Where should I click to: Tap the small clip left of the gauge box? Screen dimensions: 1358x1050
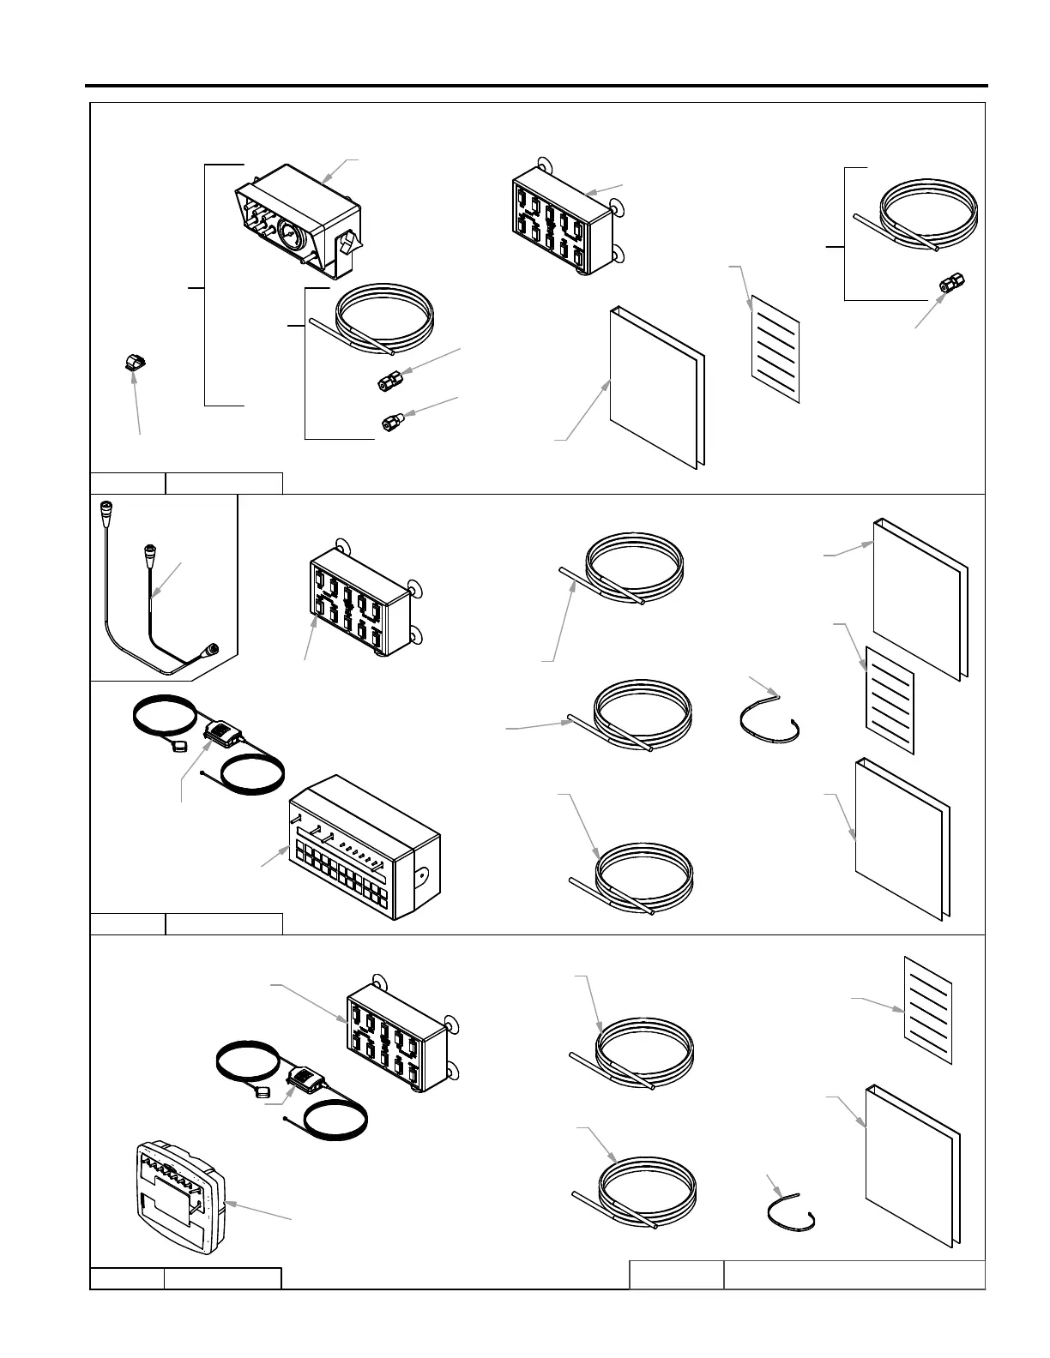pos(132,364)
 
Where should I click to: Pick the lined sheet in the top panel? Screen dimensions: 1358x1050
pos(775,348)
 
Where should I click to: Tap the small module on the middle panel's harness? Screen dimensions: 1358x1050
pos(225,732)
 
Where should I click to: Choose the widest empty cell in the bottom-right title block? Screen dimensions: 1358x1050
pos(854,1274)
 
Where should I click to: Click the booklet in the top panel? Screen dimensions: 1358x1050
pos(657,386)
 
